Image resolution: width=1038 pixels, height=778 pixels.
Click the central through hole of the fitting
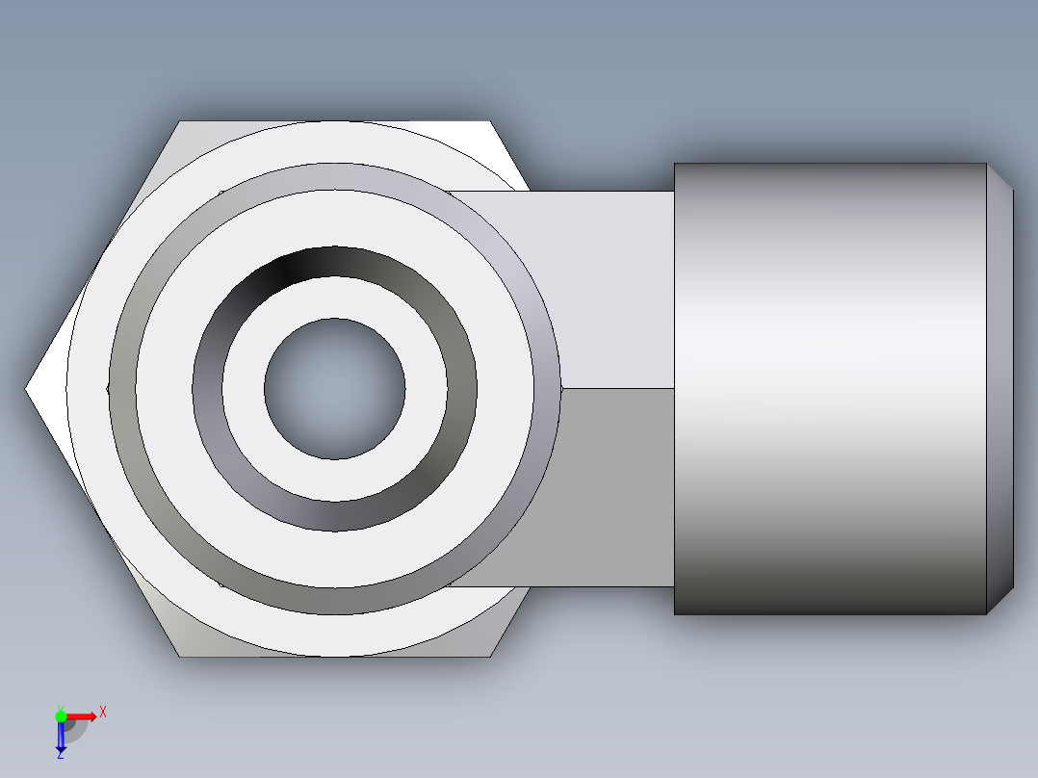pos(334,389)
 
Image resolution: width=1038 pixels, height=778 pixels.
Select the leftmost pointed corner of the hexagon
pos(27,389)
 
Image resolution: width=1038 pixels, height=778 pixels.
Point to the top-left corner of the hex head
pos(180,122)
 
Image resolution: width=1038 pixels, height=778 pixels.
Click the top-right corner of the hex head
pos(489,122)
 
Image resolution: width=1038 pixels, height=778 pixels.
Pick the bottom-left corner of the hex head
pos(180,657)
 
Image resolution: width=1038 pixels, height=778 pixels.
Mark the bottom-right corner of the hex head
pos(491,657)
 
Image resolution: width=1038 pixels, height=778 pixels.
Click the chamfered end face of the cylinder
pos(999,389)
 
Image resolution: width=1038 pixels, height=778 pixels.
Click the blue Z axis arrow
pos(61,737)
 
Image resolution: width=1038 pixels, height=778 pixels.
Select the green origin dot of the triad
pos(61,715)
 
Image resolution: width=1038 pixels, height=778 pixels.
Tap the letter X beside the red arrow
pos(102,713)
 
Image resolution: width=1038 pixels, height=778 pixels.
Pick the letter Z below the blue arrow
pos(60,755)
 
